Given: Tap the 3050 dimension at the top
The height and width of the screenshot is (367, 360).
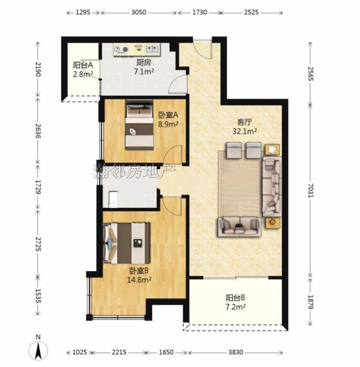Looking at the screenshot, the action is pyautogui.click(x=139, y=12).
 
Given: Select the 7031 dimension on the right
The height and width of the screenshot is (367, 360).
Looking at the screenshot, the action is pyautogui.click(x=310, y=191).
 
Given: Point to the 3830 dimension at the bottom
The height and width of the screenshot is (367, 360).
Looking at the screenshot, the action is pyautogui.click(x=236, y=352).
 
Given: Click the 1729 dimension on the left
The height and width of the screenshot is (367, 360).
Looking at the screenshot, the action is pyautogui.click(x=38, y=187).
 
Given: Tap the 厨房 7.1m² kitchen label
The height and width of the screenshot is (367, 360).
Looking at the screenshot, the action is pyautogui.click(x=144, y=67).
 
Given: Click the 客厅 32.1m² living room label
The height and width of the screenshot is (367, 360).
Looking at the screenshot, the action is pyautogui.click(x=245, y=127).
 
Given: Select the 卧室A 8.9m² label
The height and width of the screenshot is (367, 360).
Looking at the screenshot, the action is pyautogui.click(x=168, y=119).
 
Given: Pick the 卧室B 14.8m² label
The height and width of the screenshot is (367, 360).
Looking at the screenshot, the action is pyautogui.click(x=139, y=275).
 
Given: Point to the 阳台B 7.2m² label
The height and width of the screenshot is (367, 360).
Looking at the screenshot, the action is pyautogui.click(x=236, y=302).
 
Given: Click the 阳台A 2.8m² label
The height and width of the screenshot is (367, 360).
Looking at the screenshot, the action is pyautogui.click(x=83, y=69).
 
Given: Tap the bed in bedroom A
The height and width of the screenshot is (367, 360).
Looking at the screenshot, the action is pyautogui.click(x=139, y=125).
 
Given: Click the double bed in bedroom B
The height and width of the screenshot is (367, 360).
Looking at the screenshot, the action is pyautogui.click(x=126, y=243).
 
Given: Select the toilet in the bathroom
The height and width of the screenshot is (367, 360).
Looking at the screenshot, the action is pyautogui.click(x=114, y=199).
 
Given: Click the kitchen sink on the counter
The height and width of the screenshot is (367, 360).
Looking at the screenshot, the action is pyautogui.click(x=153, y=49).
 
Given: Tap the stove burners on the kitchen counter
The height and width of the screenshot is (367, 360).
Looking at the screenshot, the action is pyautogui.click(x=122, y=50).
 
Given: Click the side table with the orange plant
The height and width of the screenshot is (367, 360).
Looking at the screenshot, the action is pyautogui.click(x=272, y=222).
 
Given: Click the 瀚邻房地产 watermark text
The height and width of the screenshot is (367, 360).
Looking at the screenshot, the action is pyautogui.click(x=134, y=171).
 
